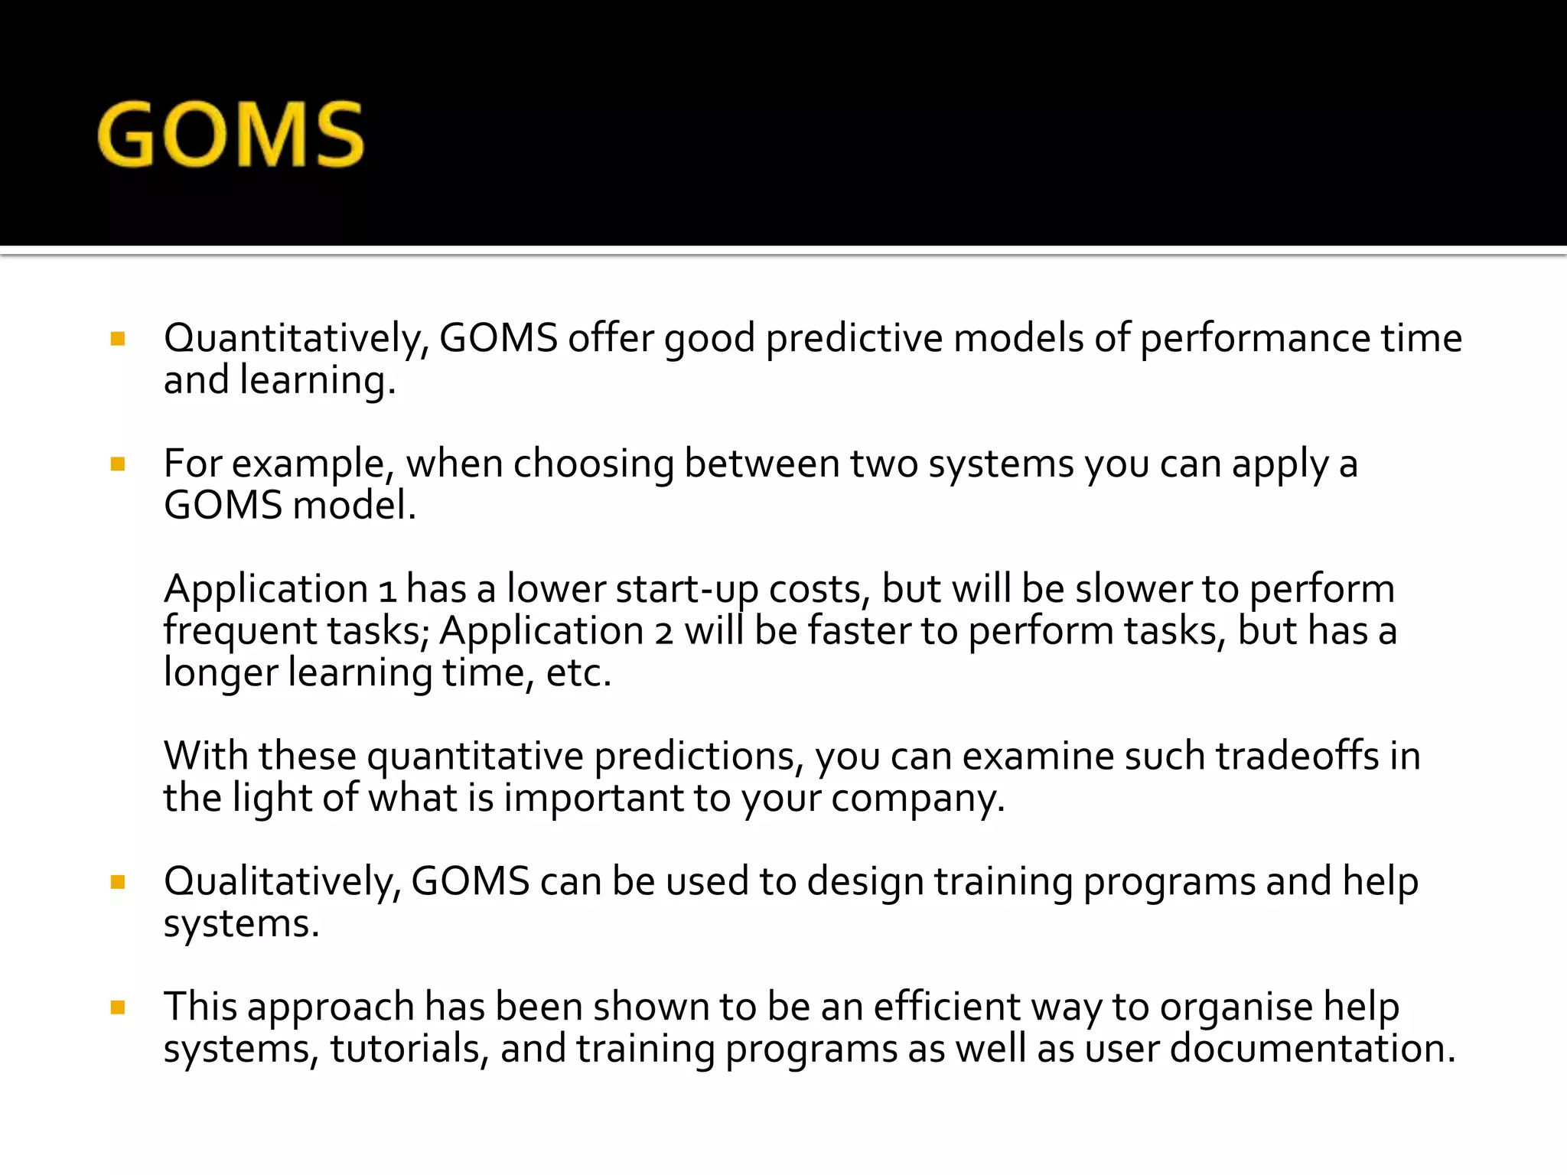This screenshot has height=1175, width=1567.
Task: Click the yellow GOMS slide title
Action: click(x=230, y=135)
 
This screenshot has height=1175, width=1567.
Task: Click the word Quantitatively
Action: click(x=295, y=338)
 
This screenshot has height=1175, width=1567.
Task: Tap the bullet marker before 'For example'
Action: click(x=118, y=464)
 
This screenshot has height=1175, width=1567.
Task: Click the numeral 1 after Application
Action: click(x=387, y=591)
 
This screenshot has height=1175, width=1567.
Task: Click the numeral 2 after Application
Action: click(x=663, y=633)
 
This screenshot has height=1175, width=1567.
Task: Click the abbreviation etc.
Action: click(x=578, y=673)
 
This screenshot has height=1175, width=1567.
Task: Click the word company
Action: click(x=917, y=799)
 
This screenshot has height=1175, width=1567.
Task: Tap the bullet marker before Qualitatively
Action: click(x=118, y=882)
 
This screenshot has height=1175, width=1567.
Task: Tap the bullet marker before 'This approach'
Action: click(x=118, y=1007)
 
